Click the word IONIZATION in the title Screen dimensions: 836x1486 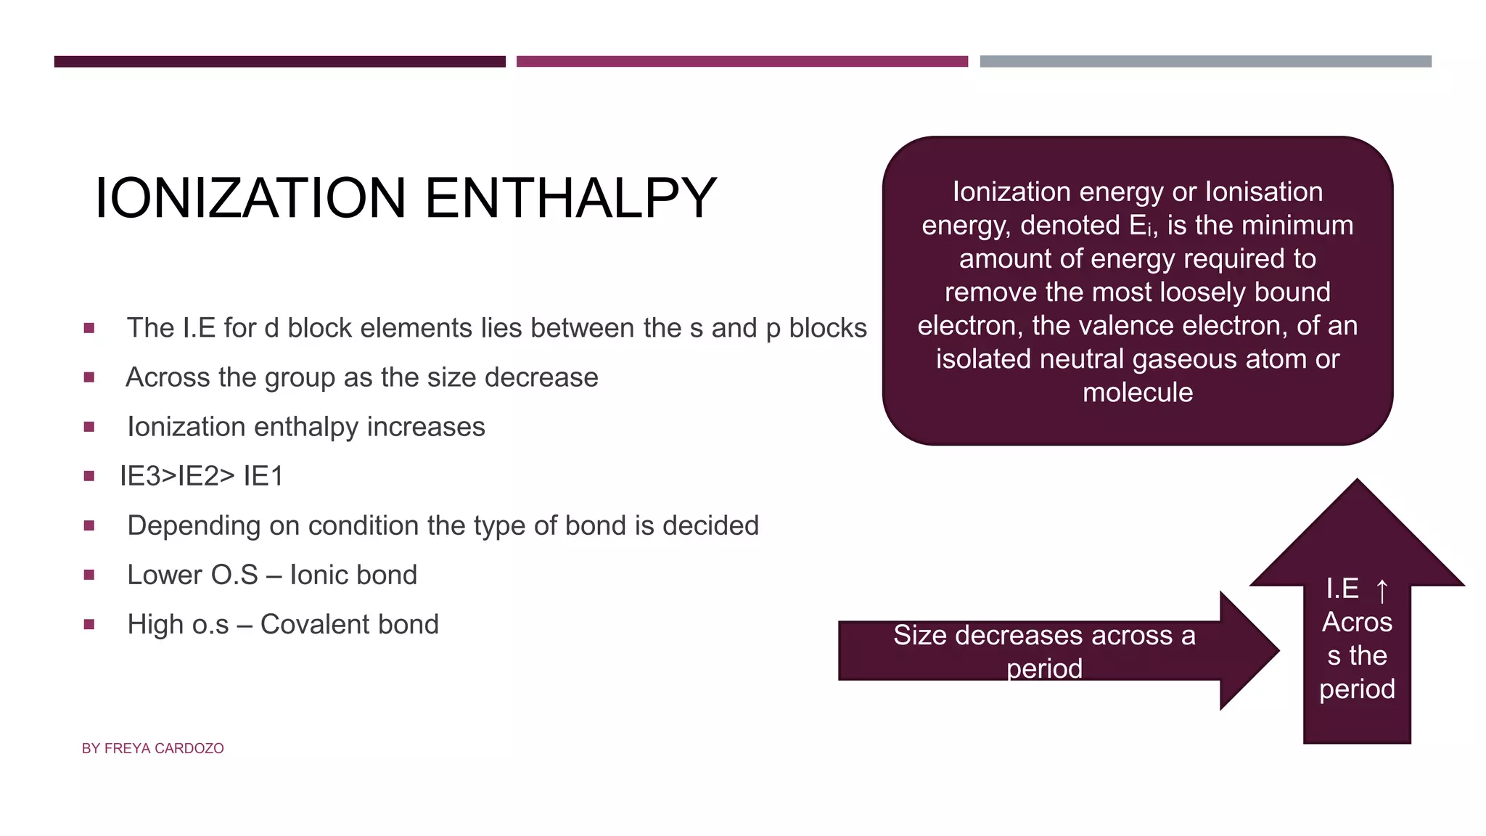250,198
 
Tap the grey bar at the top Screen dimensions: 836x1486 1205,62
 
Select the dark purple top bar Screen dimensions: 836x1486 279,62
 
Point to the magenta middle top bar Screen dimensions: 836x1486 742,62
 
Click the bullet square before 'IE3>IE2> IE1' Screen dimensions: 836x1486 89,476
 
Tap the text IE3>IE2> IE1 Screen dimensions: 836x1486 202,476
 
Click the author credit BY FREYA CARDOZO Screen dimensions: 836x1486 152,748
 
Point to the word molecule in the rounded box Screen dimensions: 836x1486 1137,393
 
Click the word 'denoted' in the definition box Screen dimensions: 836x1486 1070,226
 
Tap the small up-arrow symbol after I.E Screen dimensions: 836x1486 1382,590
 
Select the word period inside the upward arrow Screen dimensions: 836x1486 1357,689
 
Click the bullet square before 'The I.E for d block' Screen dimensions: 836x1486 89,328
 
